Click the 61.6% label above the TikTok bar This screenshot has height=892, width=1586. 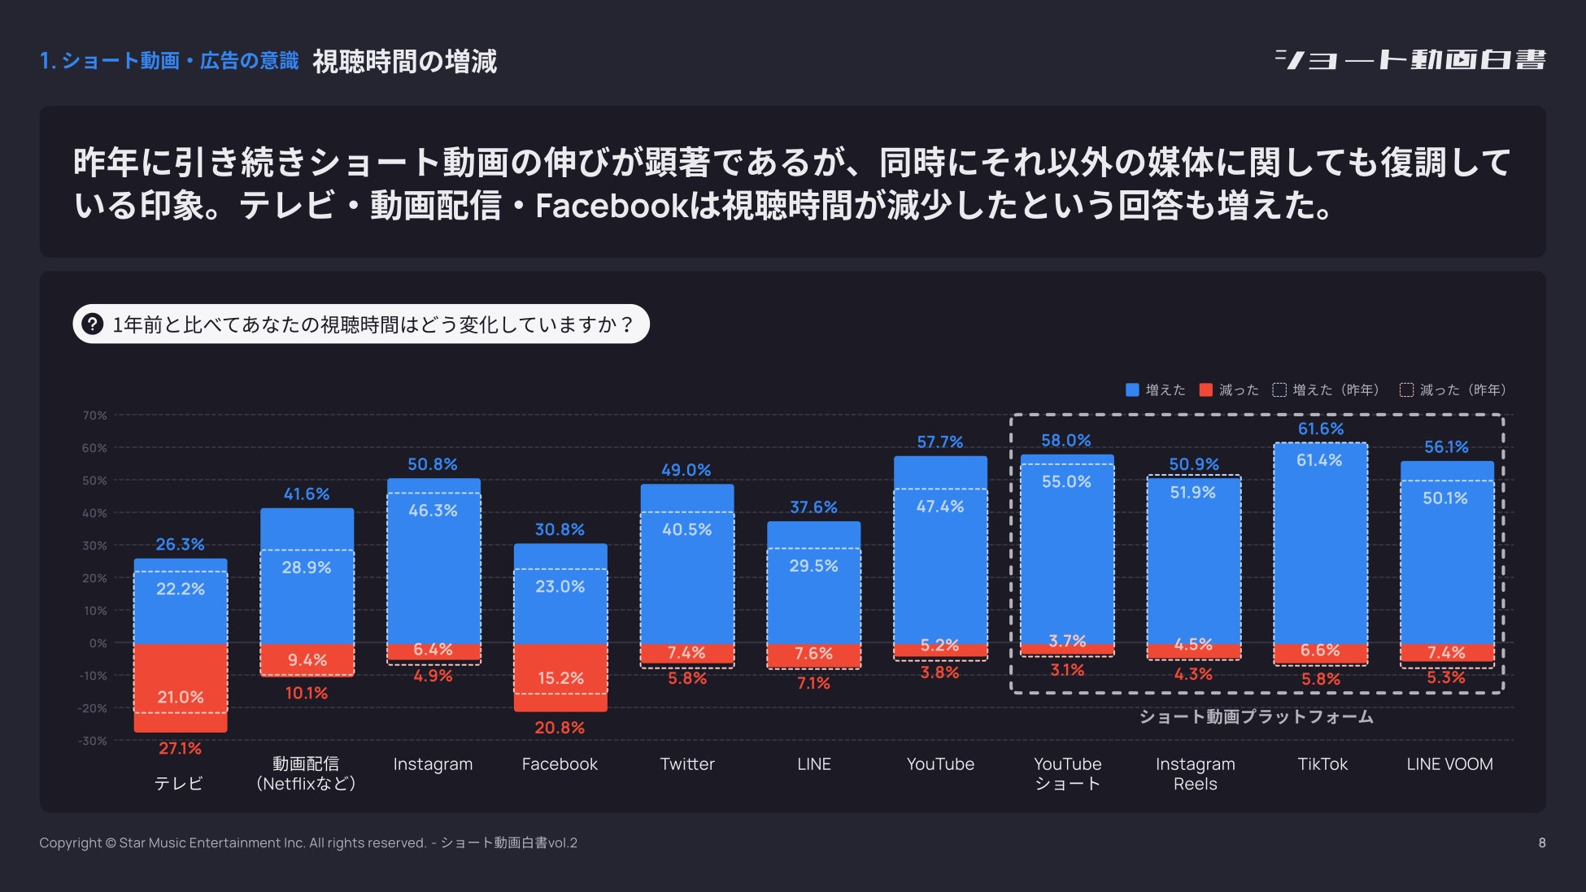pyautogui.click(x=1320, y=429)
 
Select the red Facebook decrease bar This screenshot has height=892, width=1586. pyautogui.click(x=560, y=677)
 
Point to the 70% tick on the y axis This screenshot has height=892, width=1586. pyautogui.click(x=94, y=416)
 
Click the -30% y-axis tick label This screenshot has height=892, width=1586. pyautogui.click(x=93, y=741)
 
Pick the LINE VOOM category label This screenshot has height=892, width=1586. pyautogui.click(x=1449, y=764)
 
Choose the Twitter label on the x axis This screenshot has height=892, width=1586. pyautogui.click(x=687, y=764)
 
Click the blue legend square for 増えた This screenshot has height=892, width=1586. pyautogui.click(x=1131, y=390)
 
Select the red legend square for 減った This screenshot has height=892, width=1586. pyautogui.click(x=1205, y=390)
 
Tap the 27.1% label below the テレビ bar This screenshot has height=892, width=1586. pyautogui.click(x=180, y=748)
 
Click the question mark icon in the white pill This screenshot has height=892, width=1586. pyautogui.click(x=93, y=324)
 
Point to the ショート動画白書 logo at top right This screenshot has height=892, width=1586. pyautogui.click(x=1410, y=60)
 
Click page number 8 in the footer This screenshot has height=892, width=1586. pyautogui.click(x=1541, y=843)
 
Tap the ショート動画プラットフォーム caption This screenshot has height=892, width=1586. pyautogui.click(x=1256, y=716)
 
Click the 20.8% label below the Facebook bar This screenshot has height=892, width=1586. pyautogui.click(x=560, y=728)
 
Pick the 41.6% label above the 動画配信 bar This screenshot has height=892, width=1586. pyautogui.click(x=307, y=494)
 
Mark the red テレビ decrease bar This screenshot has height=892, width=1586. pyautogui.click(x=180, y=687)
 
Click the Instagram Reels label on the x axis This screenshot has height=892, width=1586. pyautogui.click(x=1195, y=774)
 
